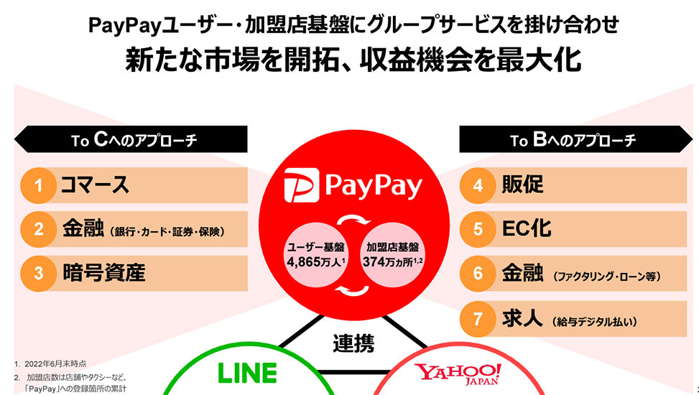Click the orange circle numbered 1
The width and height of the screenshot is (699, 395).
(x=40, y=186)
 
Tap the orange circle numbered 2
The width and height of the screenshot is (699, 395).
(x=40, y=230)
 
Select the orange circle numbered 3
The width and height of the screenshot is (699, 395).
(x=40, y=274)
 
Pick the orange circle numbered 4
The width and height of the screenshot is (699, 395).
(x=478, y=186)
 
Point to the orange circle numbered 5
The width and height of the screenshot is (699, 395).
(x=478, y=230)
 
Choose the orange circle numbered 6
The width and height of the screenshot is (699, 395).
(x=478, y=274)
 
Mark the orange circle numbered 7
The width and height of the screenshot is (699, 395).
(x=478, y=317)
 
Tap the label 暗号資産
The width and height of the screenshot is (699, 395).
(x=103, y=274)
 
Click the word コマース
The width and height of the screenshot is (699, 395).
(x=95, y=186)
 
